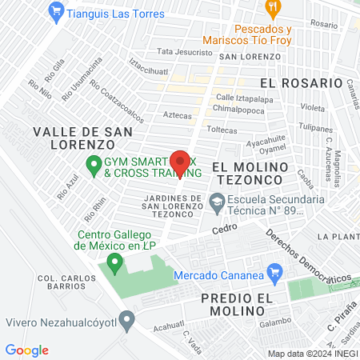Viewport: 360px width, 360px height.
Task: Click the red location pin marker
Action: click(180, 163)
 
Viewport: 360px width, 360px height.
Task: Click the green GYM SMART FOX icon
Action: click(93, 166)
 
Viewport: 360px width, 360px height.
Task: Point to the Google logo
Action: click(26, 350)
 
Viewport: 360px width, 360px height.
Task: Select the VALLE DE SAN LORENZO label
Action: click(74, 138)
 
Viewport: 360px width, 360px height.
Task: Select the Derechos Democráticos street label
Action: click(307, 257)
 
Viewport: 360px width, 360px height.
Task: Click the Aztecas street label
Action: click(177, 115)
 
